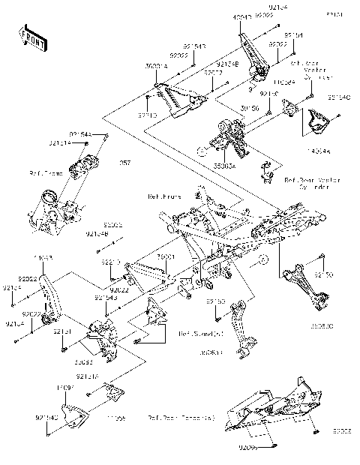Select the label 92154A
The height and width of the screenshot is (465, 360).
80,133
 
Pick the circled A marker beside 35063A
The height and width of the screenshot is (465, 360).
199,151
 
